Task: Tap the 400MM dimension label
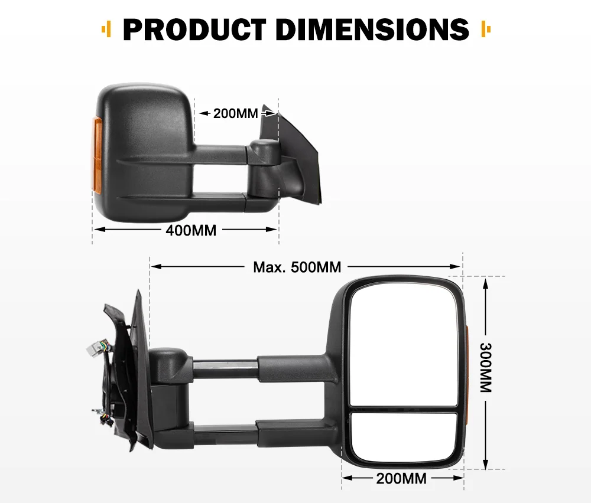pyautogui.click(x=191, y=230)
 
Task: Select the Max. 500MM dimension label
pyautogui.click(x=297, y=267)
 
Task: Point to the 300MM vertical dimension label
pyautogui.click(x=485, y=368)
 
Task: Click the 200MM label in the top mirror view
pyautogui.click(x=236, y=113)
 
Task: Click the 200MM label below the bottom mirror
pyautogui.click(x=401, y=478)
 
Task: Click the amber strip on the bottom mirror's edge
pyautogui.click(x=466, y=378)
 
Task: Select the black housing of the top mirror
pyautogui.click(x=145, y=124)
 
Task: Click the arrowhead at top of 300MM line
pyautogui.click(x=485, y=283)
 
